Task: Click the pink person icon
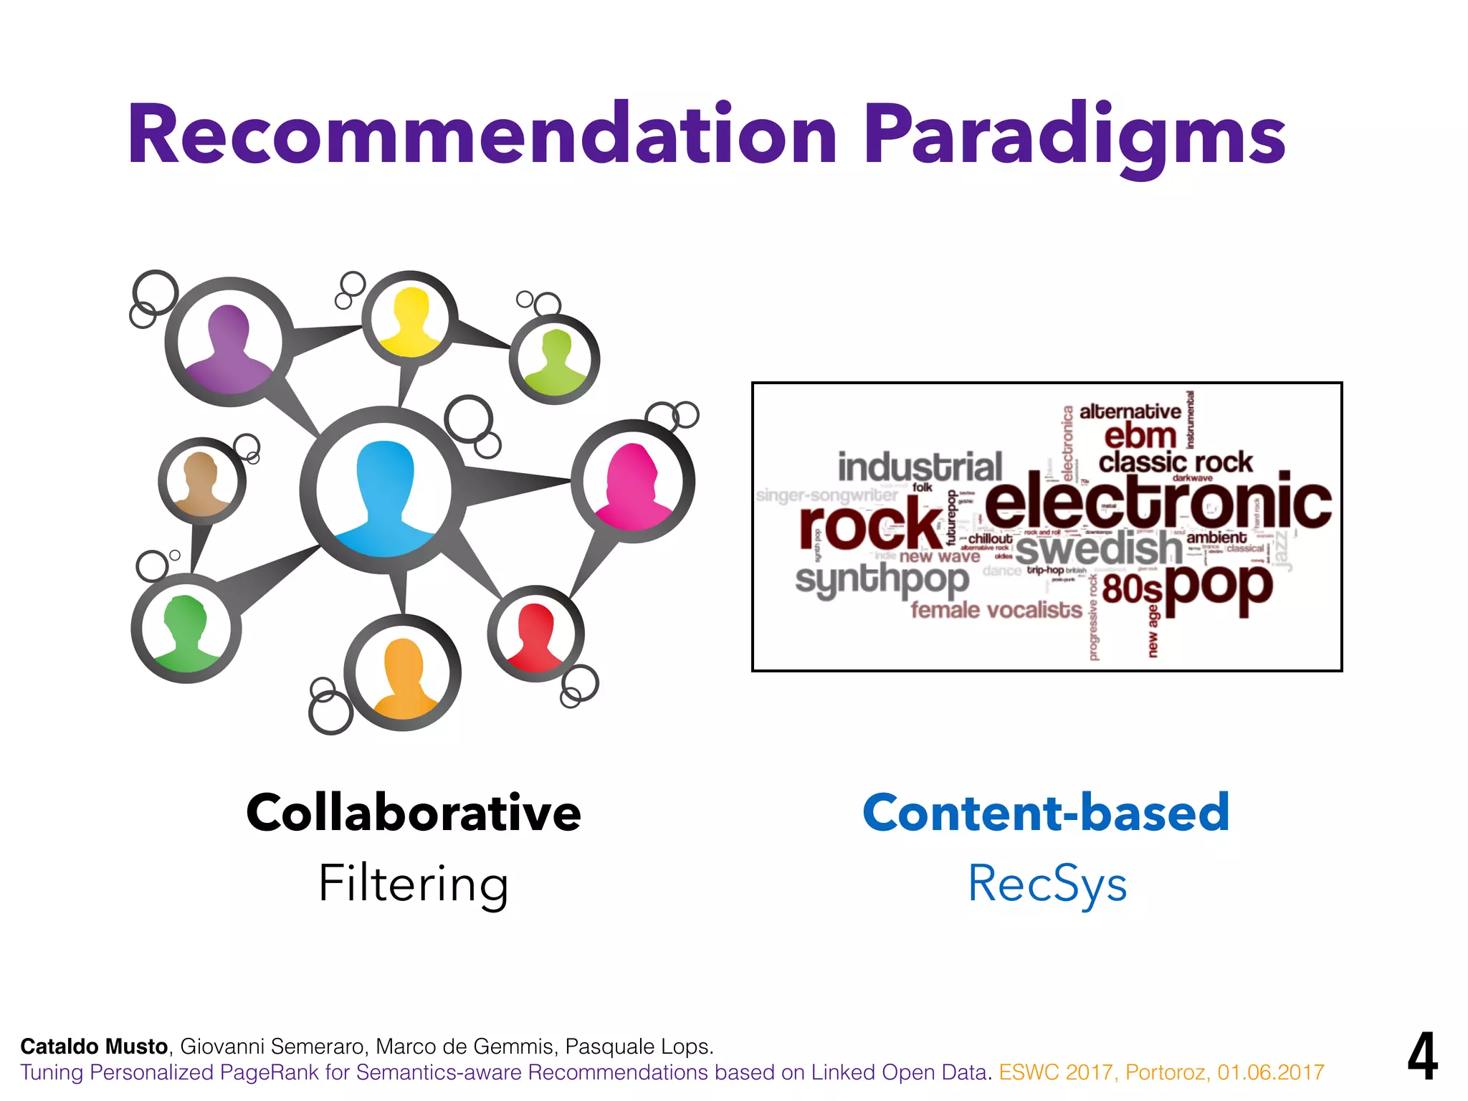click(632, 485)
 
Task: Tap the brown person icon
click(201, 482)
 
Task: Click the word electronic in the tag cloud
click(1157, 502)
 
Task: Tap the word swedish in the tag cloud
click(1098, 548)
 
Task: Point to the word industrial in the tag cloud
click(920, 467)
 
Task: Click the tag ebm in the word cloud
click(1140, 436)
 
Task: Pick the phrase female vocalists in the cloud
click(996, 610)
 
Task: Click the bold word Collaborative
click(414, 813)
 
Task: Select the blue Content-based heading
click(1046, 813)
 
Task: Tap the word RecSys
click(1047, 883)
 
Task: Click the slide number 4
click(1422, 1057)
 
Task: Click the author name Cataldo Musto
click(94, 1047)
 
